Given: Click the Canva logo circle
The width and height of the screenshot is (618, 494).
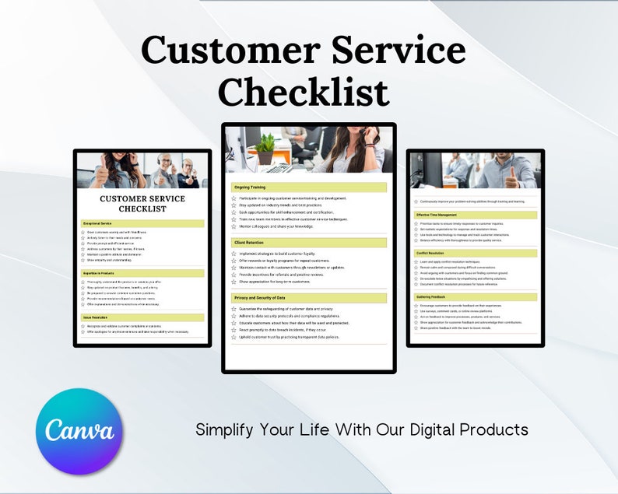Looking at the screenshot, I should pyautogui.click(x=79, y=431).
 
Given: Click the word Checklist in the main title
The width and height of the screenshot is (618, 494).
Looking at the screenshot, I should pyautogui.click(x=304, y=92).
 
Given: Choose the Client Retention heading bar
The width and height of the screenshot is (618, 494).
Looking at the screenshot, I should pyautogui.click(x=249, y=243).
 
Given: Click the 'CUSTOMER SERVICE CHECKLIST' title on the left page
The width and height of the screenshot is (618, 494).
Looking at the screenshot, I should pyautogui.click(x=142, y=203).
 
